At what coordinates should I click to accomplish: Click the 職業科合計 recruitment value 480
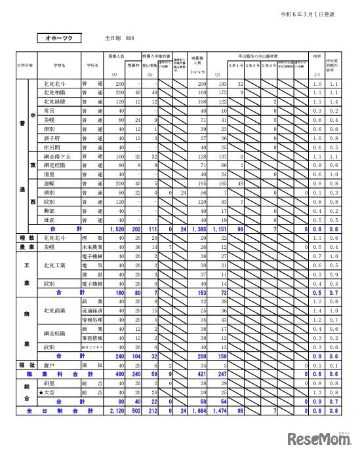118,373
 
